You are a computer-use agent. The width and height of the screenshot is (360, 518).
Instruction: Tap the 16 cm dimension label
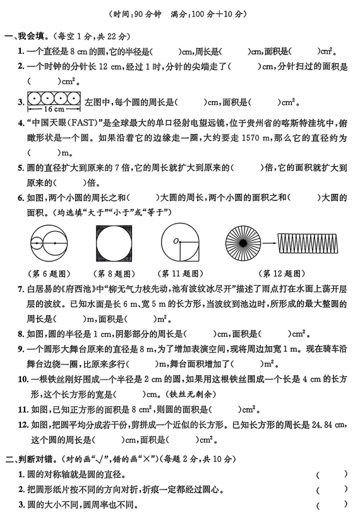(54, 109)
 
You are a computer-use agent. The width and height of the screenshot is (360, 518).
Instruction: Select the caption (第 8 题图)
(114, 274)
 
